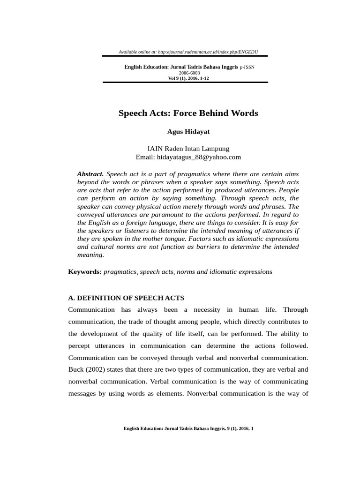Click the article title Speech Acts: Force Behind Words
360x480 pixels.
[x=188, y=113]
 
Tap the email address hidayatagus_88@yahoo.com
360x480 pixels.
[x=201, y=157]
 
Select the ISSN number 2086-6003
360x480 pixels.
[x=189, y=73]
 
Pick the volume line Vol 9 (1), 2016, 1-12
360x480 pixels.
[x=188, y=78]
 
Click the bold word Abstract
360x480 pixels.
[x=90, y=174]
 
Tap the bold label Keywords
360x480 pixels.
[x=84, y=271]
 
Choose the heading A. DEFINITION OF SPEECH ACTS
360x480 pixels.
[x=126, y=298]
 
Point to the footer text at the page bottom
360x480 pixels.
[x=188, y=428]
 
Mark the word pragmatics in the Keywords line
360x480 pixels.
[x=120, y=271]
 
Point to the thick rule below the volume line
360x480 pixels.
[x=185, y=82]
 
